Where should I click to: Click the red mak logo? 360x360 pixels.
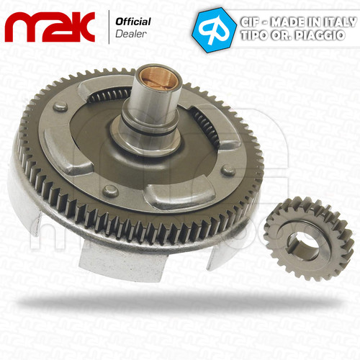50,27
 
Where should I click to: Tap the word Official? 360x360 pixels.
133,22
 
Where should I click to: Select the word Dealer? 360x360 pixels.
131,34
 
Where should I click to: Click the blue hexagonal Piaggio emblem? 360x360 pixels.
214,30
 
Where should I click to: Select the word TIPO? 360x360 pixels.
254,35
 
